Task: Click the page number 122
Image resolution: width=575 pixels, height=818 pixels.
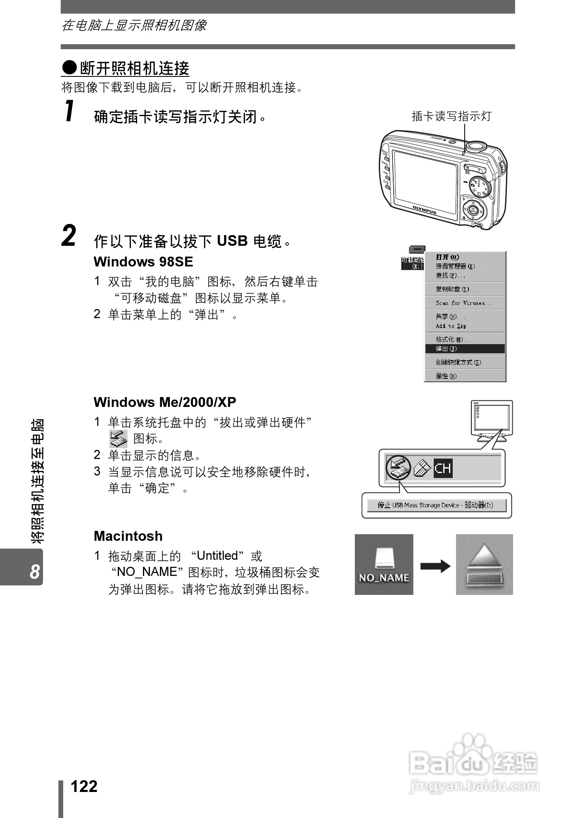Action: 84,786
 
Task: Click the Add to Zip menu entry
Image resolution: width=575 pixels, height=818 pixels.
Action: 451,326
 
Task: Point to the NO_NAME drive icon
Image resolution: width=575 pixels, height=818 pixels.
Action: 384,564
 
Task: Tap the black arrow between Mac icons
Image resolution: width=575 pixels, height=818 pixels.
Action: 435,566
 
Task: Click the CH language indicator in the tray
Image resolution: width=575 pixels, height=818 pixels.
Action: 443,468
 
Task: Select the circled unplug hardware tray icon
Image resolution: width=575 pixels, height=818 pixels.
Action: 397,468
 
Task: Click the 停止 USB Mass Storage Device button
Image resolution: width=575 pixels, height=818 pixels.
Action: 436,505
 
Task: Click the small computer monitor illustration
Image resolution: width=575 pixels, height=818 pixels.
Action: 492,419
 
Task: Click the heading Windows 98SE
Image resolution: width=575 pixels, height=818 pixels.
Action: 143,262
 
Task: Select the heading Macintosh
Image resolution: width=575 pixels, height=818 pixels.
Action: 128,536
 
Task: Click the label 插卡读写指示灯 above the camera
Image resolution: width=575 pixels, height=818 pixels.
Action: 451,116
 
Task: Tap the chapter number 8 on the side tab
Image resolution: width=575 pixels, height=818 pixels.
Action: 35,572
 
